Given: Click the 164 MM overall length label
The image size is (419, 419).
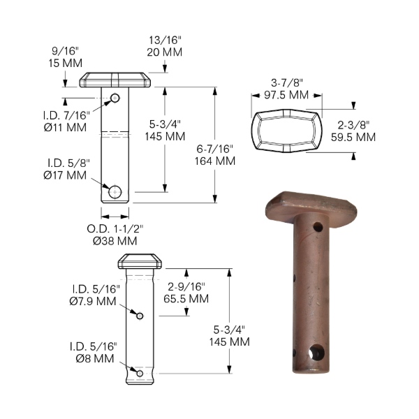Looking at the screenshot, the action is [215, 161].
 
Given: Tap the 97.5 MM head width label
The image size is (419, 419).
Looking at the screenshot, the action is [286, 95].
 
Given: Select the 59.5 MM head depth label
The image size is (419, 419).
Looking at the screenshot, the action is [353, 137].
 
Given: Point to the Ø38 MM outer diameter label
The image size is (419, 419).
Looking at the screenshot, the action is [115, 241].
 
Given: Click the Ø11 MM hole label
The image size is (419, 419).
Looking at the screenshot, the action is [65, 127].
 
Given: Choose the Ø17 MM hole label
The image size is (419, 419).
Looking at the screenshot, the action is [65, 175].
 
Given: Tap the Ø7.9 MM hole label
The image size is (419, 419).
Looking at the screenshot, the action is [93, 301].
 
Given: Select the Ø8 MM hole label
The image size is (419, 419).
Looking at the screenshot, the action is [95, 358].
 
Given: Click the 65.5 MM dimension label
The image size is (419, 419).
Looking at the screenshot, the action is [186, 298].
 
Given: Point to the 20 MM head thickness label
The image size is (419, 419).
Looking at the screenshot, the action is [165, 52].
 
